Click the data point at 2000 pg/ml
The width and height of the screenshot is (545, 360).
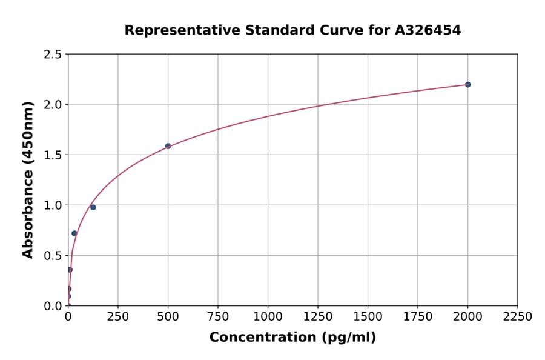coord(467,84)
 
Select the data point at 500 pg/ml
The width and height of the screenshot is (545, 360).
coord(168,146)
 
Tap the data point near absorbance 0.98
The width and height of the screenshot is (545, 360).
coord(93,207)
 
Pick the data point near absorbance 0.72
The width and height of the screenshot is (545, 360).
coord(74,233)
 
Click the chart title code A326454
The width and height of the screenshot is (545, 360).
coord(428,30)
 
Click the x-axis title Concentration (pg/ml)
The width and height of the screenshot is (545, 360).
coord(292,338)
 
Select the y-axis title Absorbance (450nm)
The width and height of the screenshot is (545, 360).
coord(28,180)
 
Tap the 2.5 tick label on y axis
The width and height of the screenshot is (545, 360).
coord(53,55)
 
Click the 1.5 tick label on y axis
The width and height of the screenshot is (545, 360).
coord(53,155)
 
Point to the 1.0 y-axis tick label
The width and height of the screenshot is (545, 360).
coord(53,205)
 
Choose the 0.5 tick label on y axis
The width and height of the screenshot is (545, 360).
coord(53,256)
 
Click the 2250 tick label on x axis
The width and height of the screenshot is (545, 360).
coord(518,317)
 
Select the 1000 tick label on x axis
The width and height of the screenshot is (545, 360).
coord(268,317)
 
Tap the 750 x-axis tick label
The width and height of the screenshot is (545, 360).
coord(218,317)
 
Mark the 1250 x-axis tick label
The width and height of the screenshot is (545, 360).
coord(318,317)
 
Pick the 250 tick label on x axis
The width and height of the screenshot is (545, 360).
coord(118,317)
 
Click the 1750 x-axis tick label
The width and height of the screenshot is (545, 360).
coord(418,317)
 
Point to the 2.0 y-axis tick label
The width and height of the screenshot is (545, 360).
coord(53,105)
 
